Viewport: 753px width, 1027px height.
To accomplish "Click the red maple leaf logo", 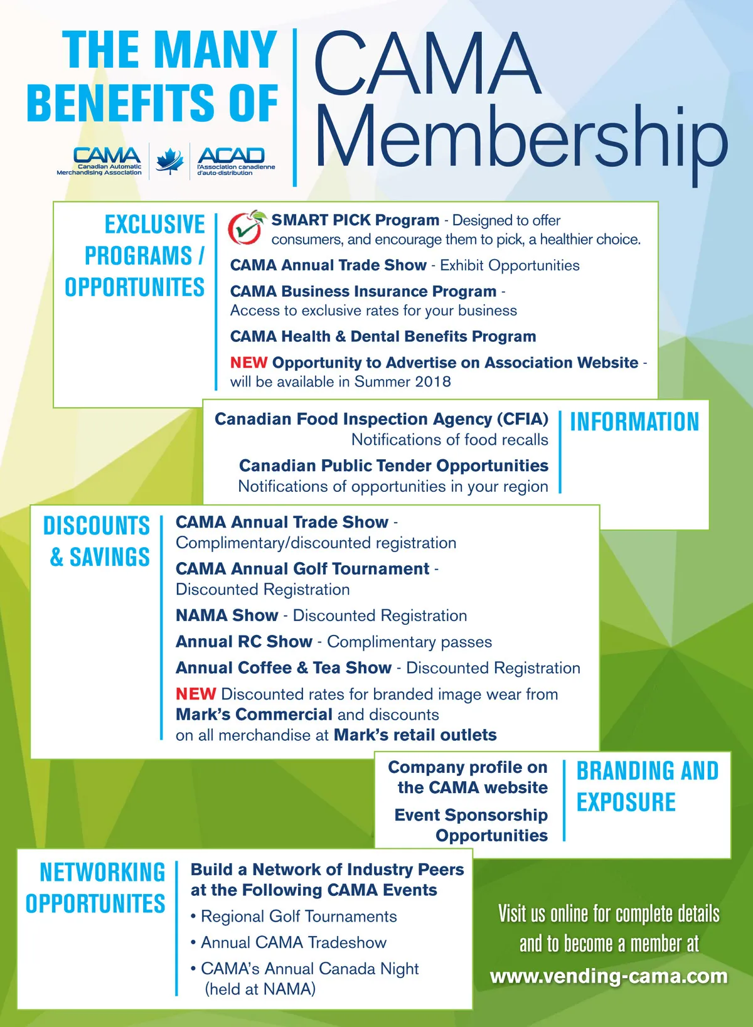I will tap(169, 161).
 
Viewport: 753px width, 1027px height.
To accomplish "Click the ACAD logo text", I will tap(231, 155).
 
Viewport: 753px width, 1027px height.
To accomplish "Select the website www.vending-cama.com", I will tap(608, 976).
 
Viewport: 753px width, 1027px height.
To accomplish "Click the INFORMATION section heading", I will tap(634, 422).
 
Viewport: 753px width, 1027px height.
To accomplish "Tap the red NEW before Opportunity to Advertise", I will tap(248, 363).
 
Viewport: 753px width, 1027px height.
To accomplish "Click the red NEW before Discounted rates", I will tap(196, 694).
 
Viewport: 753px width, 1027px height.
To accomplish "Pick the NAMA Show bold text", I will tap(227, 615).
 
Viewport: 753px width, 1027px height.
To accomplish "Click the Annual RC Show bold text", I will tap(243, 642).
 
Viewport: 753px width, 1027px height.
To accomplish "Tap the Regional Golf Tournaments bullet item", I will tap(298, 917).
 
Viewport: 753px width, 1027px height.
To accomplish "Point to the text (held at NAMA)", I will tap(260, 989).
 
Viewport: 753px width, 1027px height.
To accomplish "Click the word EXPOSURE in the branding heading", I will tap(626, 802).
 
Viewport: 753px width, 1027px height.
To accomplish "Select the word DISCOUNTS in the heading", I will tap(97, 526).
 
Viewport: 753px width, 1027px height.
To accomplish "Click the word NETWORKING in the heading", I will tap(102, 873).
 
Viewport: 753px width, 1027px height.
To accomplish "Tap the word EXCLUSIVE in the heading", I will tap(154, 225).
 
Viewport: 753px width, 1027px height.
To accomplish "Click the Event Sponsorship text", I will tap(471, 815).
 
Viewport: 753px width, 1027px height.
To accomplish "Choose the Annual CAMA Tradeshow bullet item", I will tap(293, 942).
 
